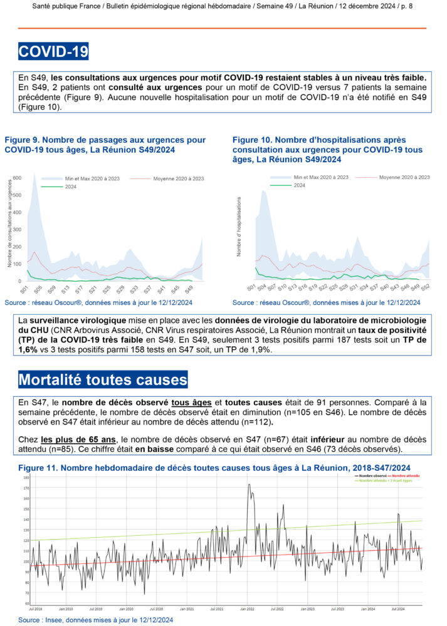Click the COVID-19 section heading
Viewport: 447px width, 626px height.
(53, 51)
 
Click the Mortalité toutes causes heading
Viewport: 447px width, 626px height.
(103, 379)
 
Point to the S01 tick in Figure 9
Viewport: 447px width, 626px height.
(24, 290)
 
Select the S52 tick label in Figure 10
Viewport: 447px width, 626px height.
(424, 287)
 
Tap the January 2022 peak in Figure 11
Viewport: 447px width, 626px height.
(249, 486)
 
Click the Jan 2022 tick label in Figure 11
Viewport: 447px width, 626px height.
(246, 608)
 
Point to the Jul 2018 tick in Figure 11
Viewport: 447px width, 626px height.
(35, 608)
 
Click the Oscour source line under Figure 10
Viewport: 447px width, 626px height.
(326, 302)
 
